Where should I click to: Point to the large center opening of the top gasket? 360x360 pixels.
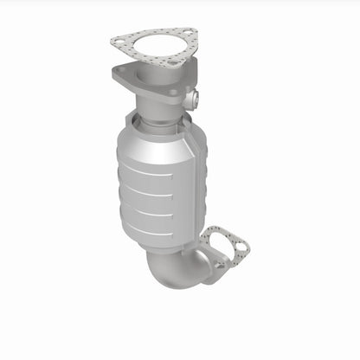coord(154,45)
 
